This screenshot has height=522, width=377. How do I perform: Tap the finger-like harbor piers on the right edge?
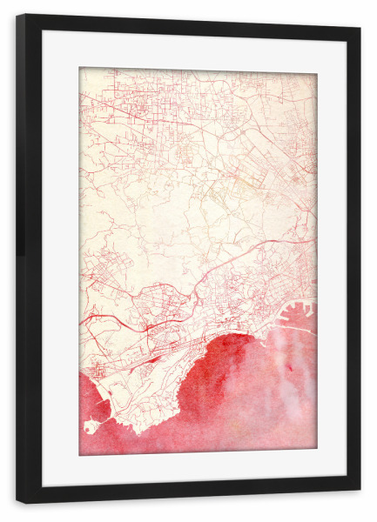[x=300, y=313]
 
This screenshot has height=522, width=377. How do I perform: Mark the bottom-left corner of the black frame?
[x=17, y=502]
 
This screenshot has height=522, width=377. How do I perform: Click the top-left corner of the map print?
[x=80, y=68]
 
